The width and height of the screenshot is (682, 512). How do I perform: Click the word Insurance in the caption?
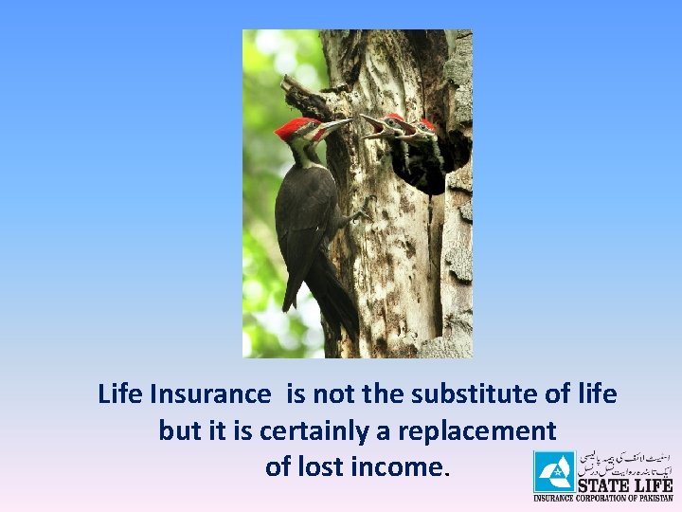point(209,393)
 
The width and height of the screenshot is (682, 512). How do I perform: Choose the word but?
point(179,430)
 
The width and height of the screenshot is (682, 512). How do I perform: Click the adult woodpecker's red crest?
point(294,128)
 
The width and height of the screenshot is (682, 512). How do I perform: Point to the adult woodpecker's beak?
point(336,125)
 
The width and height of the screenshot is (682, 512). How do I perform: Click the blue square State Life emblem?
point(553,471)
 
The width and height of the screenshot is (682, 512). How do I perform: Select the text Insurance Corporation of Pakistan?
point(603,498)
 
